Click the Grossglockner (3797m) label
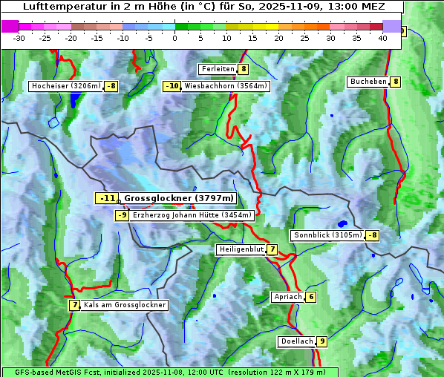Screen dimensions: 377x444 [x=179, y=198]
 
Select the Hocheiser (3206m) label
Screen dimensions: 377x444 [x=65, y=86]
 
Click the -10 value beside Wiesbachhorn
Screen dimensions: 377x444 [x=172, y=86]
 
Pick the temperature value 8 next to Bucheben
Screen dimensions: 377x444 [x=396, y=82]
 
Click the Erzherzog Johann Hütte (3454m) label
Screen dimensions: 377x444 [x=192, y=215]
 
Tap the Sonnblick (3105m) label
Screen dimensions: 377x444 [x=327, y=235]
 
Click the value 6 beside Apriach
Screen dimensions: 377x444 [x=310, y=297]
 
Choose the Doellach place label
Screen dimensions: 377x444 [x=296, y=341]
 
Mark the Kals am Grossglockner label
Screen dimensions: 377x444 [x=124, y=305]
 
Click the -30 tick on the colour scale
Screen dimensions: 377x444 [x=19, y=38]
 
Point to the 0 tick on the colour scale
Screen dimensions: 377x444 [x=175, y=38]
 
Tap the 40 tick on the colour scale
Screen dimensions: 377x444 [x=382, y=38]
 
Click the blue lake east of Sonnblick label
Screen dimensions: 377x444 [x=342, y=223]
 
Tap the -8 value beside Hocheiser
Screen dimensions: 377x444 [x=111, y=86]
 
